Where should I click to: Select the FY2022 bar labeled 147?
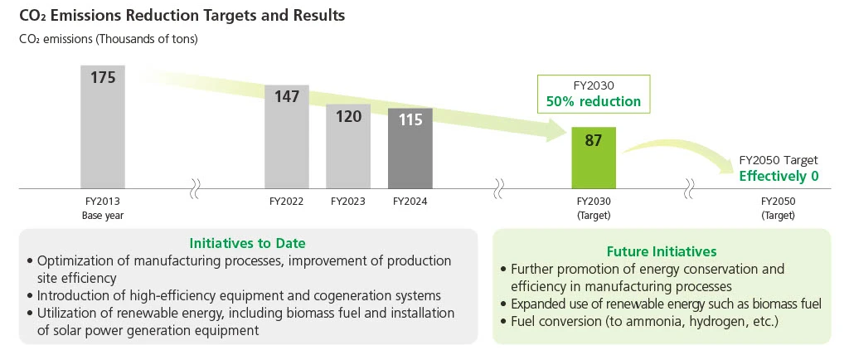(x=286, y=137)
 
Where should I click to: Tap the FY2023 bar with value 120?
(x=348, y=147)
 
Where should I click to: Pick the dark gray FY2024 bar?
(x=410, y=148)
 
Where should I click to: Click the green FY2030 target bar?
(x=593, y=158)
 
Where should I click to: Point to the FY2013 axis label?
(x=102, y=202)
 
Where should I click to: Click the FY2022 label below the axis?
(x=286, y=202)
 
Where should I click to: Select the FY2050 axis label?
(x=778, y=202)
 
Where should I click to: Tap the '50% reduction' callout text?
(x=593, y=101)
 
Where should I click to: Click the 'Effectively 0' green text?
(x=779, y=176)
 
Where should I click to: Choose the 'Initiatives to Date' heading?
(x=248, y=244)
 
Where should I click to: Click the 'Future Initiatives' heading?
(x=662, y=251)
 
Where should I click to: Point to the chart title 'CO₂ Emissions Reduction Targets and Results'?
(x=182, y=16)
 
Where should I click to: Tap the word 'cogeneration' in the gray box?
(x=346, y=295)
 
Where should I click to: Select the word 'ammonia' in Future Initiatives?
(x=650, y=322)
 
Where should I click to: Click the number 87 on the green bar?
(x=593, y=141)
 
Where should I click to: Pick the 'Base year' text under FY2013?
(x=102, y=216)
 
